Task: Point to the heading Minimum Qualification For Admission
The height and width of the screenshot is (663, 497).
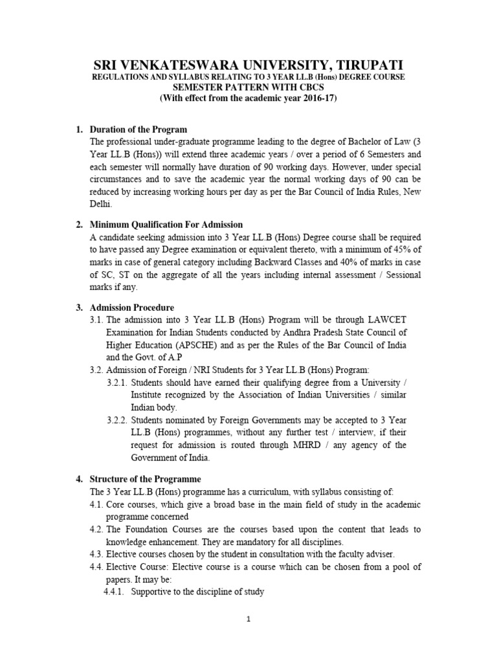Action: [x=167, y=225]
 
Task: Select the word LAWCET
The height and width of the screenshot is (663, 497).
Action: [x=388, y=320]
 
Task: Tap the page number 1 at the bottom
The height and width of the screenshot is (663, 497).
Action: [x=248, y=619]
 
